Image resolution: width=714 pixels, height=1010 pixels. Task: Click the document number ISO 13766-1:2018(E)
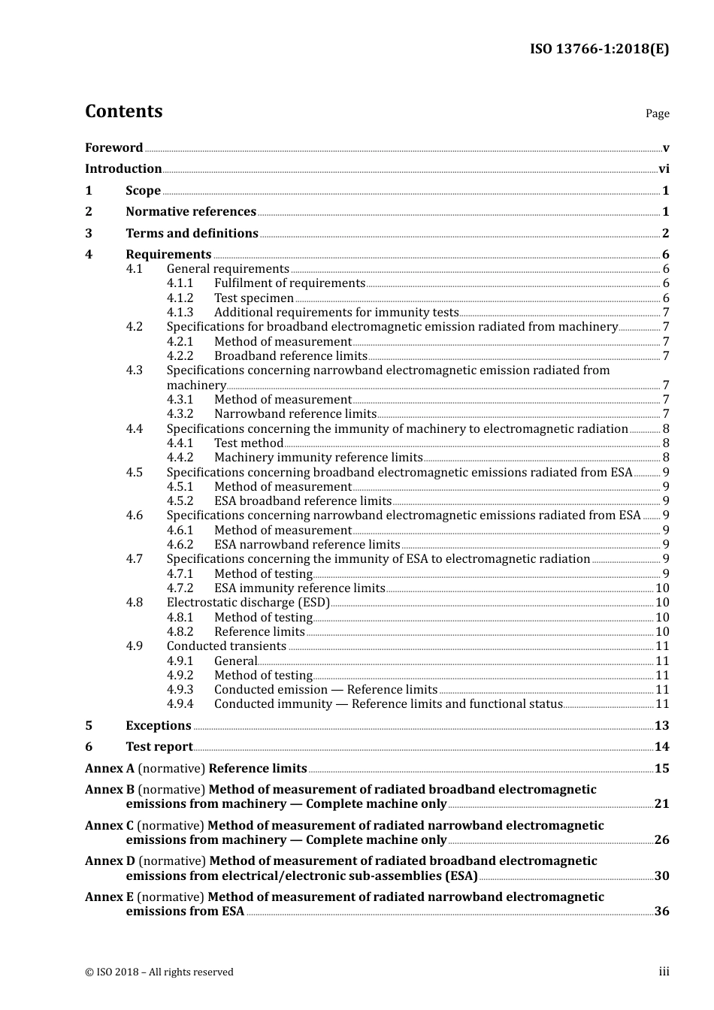point(599,50)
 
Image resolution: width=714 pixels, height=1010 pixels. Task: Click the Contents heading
point(123,111)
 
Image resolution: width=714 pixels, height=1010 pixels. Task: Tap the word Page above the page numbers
point(657,113)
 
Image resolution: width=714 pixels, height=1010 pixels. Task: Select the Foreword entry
point(113,148)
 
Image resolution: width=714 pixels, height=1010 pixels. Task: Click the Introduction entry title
point(123,169)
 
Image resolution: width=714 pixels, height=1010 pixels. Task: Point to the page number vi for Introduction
point(664,169)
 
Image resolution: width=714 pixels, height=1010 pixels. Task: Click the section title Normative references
point(191,212)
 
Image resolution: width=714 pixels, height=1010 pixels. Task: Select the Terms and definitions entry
point(192,234)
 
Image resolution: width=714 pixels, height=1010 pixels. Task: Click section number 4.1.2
point(180,298)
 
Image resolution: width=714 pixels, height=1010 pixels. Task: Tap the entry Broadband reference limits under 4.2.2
point(290,356)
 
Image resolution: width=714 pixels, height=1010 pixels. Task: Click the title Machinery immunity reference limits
point(318,458)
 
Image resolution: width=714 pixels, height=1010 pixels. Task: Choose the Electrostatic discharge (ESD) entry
point(248,603)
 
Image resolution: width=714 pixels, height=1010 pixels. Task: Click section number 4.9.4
point(180,704)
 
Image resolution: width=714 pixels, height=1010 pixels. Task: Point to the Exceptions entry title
point(159,726)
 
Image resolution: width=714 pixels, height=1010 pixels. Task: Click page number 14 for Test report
point(661,747)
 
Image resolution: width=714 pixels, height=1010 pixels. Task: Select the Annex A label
point(110,769)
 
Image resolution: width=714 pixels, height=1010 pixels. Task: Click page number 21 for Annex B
point(661,804)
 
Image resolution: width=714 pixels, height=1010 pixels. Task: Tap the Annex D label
point(110,861)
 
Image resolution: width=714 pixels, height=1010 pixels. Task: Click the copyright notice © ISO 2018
point(159,972)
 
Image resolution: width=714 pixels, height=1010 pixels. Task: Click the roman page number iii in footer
point(664,972)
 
